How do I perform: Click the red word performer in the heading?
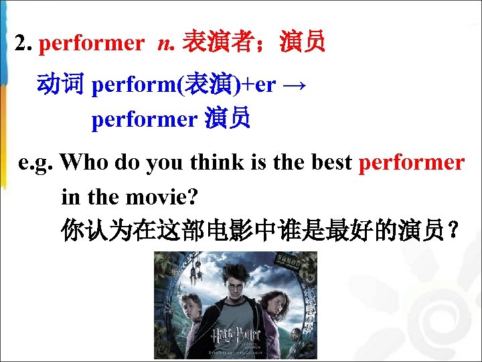[92, 44]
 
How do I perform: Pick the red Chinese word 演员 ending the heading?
[304, 44]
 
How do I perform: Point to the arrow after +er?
[294, 86]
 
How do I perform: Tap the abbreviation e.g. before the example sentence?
[37, 163]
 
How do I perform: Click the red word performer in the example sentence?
[412, 163]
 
